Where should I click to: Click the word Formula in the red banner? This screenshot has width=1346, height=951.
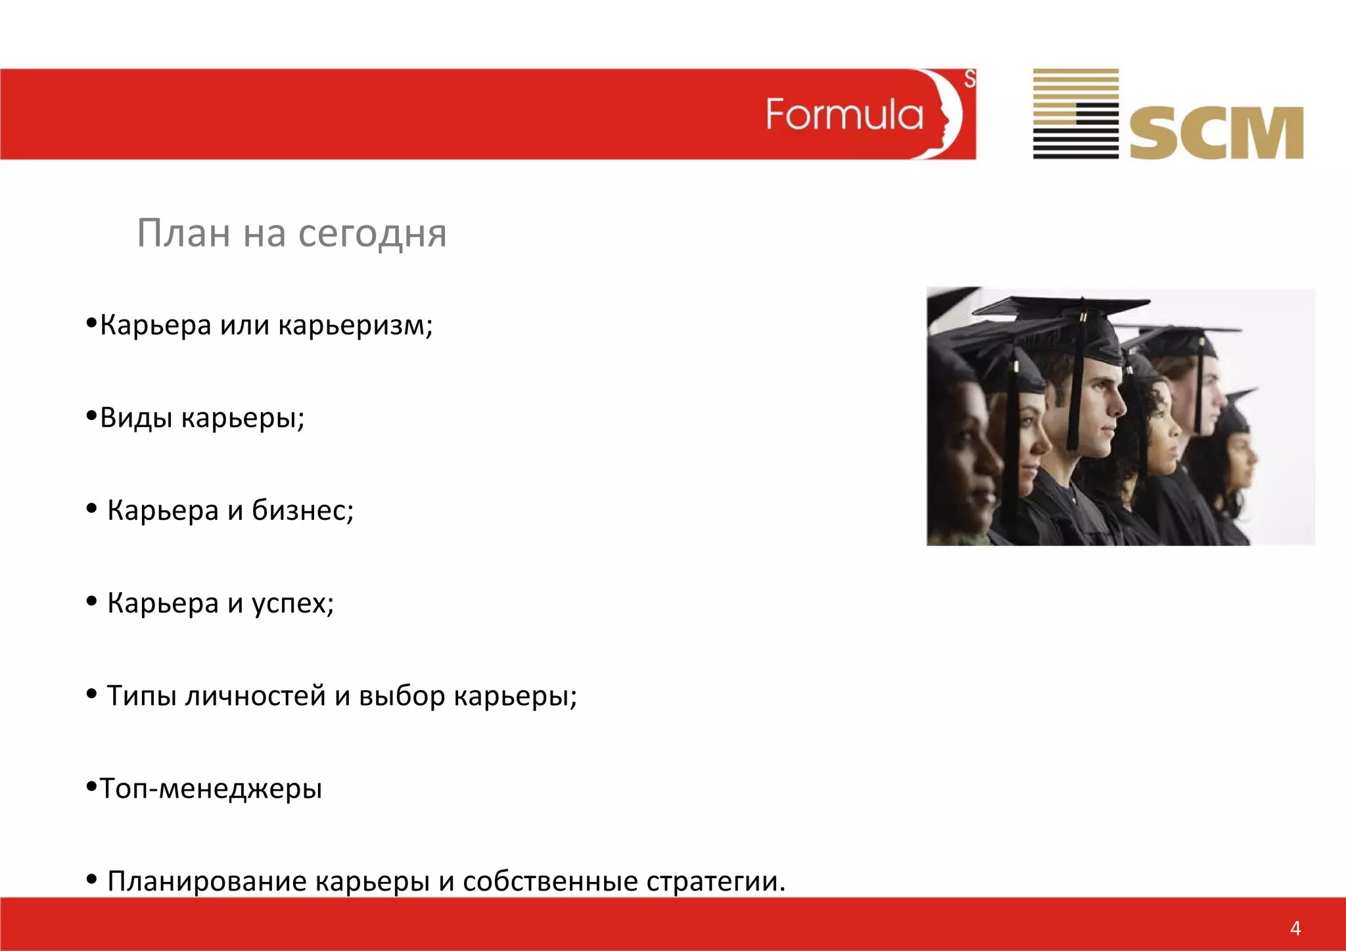845,115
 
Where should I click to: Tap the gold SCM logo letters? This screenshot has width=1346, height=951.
1216,133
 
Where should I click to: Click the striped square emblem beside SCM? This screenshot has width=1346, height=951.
1075,114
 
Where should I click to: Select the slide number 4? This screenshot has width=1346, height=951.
1295,928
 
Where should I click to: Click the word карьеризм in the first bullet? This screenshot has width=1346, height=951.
355,325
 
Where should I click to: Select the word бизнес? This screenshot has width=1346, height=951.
302,510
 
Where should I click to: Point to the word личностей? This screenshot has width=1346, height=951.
255,696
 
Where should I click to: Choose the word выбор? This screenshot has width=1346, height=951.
402,696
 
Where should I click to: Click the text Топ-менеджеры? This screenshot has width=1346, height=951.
210,789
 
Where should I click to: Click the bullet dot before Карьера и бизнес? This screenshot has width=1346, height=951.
92,508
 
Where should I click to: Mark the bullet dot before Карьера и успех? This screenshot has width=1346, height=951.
92,601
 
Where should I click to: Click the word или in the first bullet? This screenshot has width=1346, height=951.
244,325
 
